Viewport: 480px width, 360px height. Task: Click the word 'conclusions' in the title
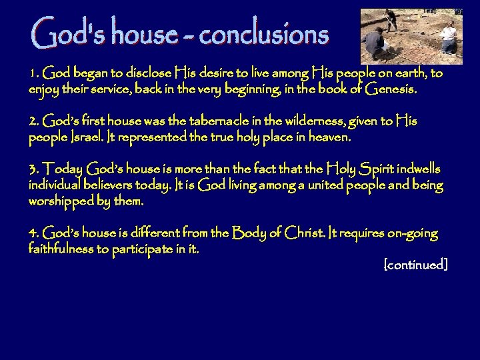click(x=263, y=33)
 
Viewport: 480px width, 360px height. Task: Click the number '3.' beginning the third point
click(x=35, y=171)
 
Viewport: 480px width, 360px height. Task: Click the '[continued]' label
click(x=416, y=265)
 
